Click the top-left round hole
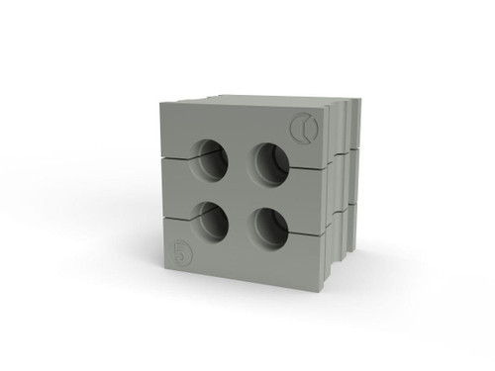[x=211, y=160]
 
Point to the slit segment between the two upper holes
[x=240, y=160]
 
